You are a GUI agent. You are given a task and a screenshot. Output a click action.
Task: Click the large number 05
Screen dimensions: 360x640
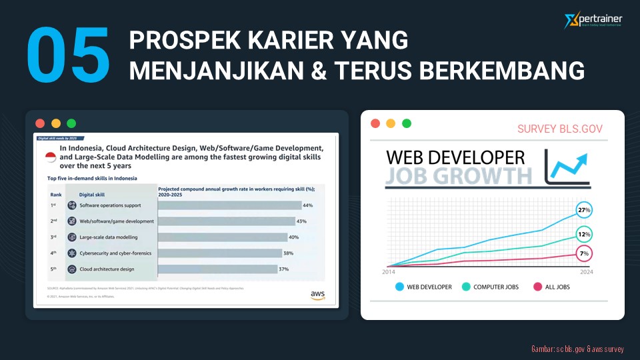pyautogui.click(x=68, y=56)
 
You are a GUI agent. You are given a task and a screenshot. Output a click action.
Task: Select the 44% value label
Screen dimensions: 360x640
pyautogui.click(x=307, y=205)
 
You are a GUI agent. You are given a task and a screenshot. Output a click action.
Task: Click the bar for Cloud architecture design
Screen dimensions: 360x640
pyautogui.click(x=217, y=269)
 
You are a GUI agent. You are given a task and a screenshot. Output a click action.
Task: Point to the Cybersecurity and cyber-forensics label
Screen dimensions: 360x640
pyautogui.click(x=115, y=253)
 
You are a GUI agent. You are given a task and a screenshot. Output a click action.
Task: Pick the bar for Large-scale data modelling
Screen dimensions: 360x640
pyautogui.click(x=222, y=237)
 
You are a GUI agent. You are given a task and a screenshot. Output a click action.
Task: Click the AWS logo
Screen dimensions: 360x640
pyautogui.click(x=317, y=295)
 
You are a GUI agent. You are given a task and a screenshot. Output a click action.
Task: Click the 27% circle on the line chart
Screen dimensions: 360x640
pyautogui.click(x=584, y=211)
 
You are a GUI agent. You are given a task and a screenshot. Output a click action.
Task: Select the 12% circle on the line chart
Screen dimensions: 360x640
pyautogui.click(x=584, y=235)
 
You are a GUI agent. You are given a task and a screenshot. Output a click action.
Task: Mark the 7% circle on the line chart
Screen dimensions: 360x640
pyautogui.click(x=584, y=254)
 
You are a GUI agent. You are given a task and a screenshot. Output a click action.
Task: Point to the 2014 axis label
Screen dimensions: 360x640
pyautogui.click(x=389, y=272)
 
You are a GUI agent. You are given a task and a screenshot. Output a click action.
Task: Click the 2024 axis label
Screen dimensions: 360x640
pyautogui.click(x=586, y=272)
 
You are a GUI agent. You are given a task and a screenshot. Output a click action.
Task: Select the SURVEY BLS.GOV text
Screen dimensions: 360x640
pyautogui.click(x=559, y=129)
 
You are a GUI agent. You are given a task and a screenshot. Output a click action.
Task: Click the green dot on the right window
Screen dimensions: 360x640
pyautogui.click(x=407, y=123)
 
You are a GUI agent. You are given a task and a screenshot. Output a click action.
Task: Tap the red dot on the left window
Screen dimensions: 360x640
pyautogui.click(x=40, y=123)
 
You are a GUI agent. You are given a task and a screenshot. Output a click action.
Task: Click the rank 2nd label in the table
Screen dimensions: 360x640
pyautogui.click(x=53, y=221)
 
